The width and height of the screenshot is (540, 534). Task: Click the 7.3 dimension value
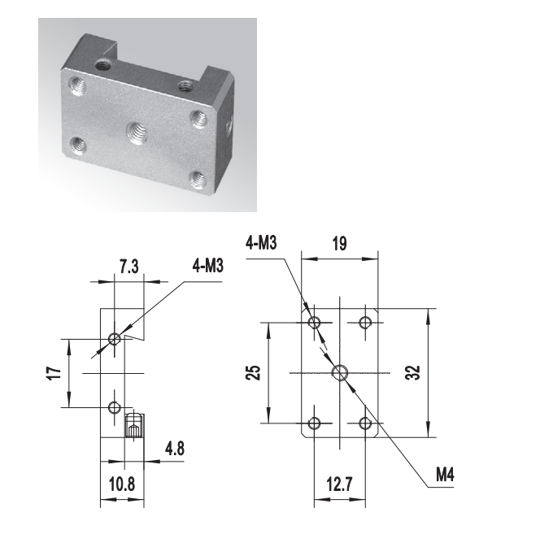(129, 267)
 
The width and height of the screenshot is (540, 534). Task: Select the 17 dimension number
(54, 373)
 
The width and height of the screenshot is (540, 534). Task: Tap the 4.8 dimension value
(175, 449)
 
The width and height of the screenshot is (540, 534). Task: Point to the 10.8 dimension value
(122, 484)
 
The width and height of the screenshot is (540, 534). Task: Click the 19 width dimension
(340, 244)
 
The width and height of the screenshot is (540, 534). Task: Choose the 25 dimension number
(253, 372)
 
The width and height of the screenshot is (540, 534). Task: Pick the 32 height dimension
(413, 372)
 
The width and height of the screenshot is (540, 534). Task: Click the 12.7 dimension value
(340, 484)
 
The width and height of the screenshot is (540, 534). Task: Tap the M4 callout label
(445, 475)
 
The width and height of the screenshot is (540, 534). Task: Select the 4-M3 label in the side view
(208, 266)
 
